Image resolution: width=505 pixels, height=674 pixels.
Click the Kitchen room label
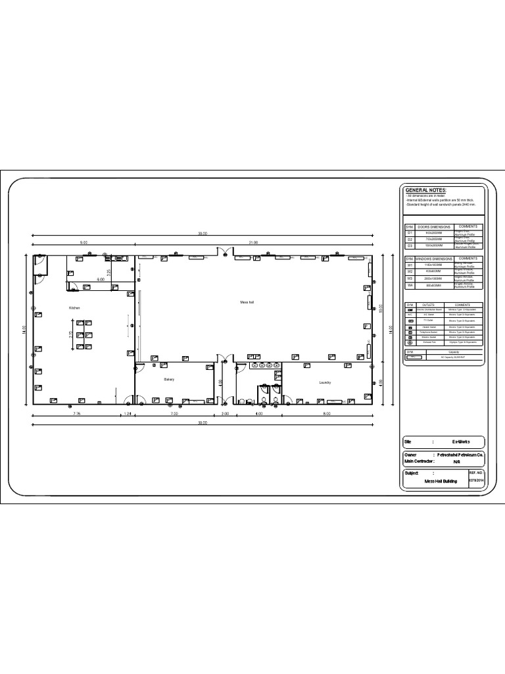coord(74,308)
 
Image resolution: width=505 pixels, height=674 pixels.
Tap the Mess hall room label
coord(246,302)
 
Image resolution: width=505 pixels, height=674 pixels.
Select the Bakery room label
coord(169,380)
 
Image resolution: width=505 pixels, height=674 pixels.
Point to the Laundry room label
coord(325,382)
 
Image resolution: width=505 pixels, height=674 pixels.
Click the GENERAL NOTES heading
coord(425,190)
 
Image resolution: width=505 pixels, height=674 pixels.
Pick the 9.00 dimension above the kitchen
coord(84,243)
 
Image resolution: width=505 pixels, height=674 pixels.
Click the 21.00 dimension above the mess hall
coord(253,243)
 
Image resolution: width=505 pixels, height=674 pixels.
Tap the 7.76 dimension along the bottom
coord(76,414)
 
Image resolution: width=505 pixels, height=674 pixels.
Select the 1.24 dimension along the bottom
coord(128,414)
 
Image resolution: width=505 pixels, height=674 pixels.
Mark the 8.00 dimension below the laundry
coord(327,414)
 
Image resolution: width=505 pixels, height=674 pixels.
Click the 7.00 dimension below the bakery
coord(174,414)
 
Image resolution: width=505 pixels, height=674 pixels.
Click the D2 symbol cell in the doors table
coord(410,239)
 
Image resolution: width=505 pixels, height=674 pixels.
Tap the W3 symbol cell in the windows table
coord(410,278)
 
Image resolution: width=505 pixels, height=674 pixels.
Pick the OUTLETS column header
coord(429,305)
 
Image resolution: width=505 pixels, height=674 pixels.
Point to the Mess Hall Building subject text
coord(440,481)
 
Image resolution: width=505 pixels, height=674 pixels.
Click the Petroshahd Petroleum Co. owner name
coord(461,455)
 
